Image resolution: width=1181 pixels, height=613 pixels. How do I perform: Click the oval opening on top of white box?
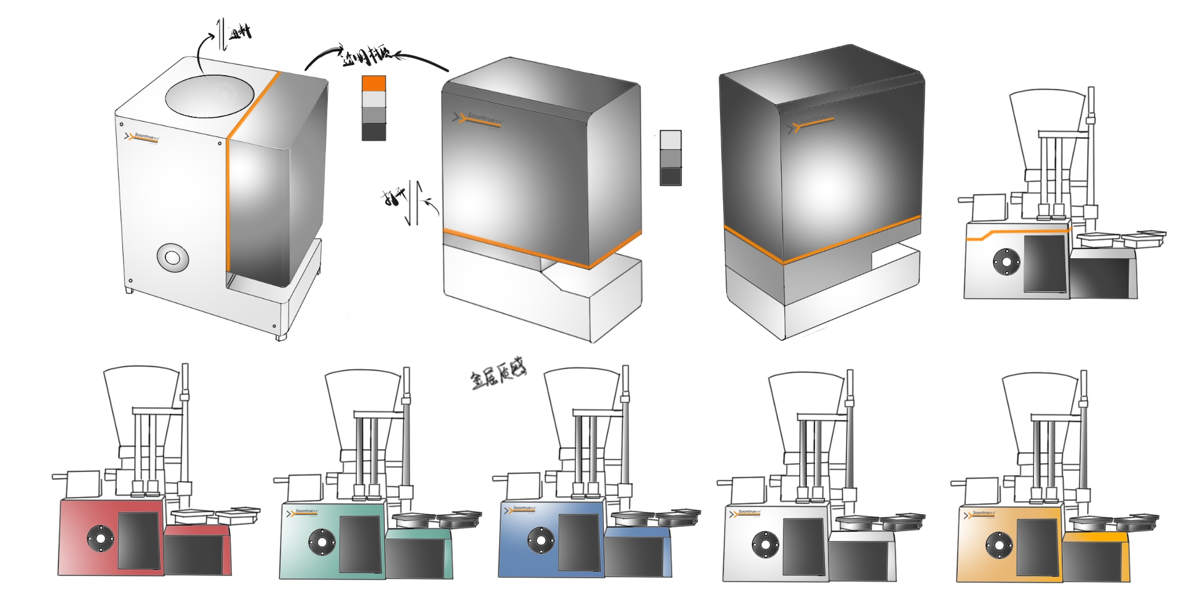pos(209,95)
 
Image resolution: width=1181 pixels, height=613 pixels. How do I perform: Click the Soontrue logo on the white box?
pos(143,137)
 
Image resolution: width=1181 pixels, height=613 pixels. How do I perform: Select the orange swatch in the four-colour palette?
pos(373,84)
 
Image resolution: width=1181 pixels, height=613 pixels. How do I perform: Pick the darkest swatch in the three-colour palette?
pos(670,176)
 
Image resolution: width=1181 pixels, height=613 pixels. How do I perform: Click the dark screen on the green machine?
pos(360,544)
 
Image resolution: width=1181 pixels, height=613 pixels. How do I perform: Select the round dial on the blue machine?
pos(541,540)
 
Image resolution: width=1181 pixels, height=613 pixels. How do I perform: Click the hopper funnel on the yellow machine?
pos(1040,406)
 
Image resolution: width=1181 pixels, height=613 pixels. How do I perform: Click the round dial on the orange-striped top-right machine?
pos(1006,262)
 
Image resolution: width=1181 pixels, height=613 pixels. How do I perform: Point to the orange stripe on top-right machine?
pos(1015,233)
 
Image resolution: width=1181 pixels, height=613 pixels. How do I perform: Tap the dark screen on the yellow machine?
pos(1037,547)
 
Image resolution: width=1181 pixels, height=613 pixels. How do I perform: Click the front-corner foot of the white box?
pos(280,336)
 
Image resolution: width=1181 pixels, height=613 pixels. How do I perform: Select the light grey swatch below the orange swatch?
pos(373,100)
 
